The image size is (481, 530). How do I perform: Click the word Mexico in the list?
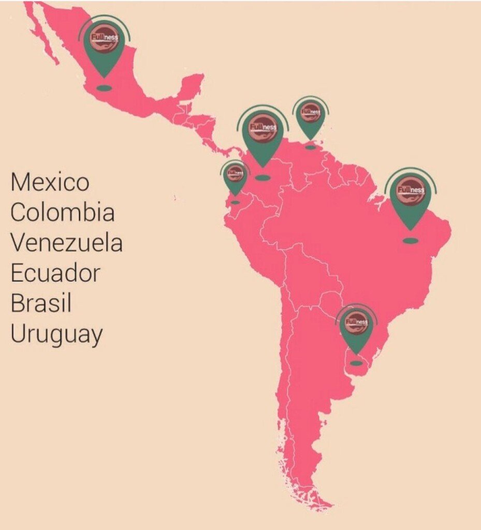pyautogui.click(x=50, y=182)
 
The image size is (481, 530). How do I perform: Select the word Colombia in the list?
pyautogui.click(x=62, y=213)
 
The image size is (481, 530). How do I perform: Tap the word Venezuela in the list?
pyautogui.click(x=66, y=243)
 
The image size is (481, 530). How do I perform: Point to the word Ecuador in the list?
pyautogui.click(x=55, y=273)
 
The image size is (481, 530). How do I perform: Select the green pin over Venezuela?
pyautogui.click(x=310, y=118)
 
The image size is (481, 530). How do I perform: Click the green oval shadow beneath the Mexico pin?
pyautogui.click(x=104, y=88)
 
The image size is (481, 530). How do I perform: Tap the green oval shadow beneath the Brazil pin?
pyautogui.click(x=410, y=241)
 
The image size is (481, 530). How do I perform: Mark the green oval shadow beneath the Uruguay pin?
pyautogui.click(x=356, y=363)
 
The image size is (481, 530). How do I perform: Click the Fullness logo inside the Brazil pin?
pyautogui.click(x=410, y=190)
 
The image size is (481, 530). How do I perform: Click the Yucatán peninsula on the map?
pyautogui.click(x=192, y=85)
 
